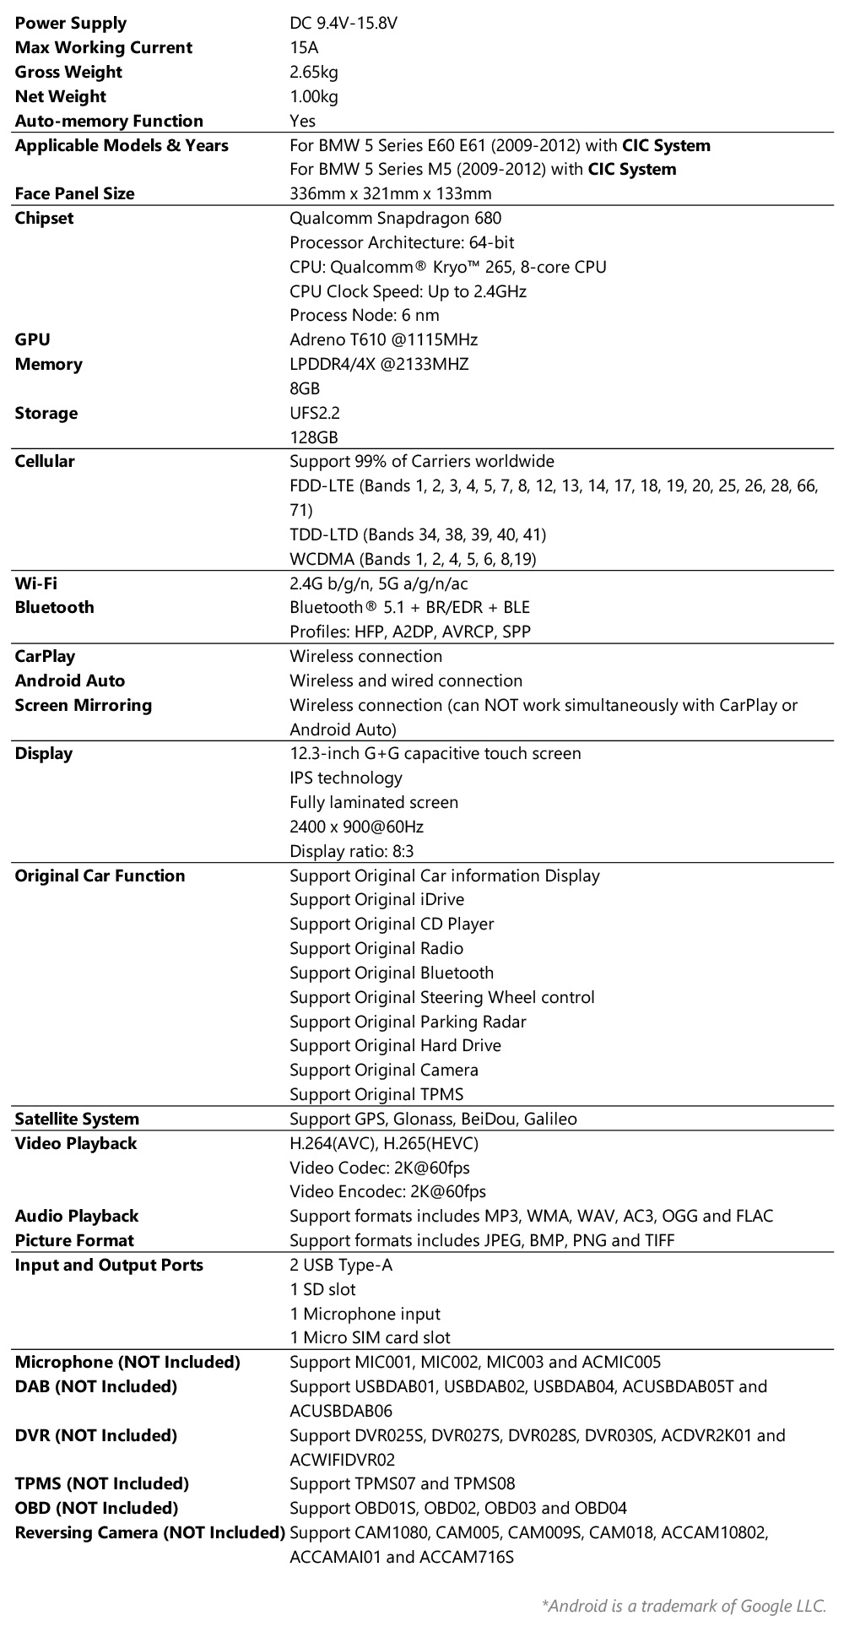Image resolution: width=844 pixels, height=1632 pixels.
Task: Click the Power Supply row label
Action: tap(71, 24)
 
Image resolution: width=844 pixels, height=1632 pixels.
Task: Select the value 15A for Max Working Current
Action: tap(304, 48)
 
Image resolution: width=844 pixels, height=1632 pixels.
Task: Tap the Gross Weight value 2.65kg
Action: tap(314, 73)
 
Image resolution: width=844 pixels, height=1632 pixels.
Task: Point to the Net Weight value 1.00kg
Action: tap(314, 97)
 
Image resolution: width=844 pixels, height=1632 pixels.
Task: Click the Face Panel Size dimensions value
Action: tap(390, 194)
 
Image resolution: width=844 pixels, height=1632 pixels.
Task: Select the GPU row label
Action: tap(32, 340)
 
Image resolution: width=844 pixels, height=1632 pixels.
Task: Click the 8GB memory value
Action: tap(305, 389)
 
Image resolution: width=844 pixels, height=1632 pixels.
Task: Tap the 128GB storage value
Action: tap(314, 438)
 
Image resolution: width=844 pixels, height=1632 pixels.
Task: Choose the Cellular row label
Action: tap(45, 462)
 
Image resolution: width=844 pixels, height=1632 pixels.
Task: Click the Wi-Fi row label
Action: tap(36, 583)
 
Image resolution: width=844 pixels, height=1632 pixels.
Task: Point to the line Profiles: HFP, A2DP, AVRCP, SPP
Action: tap(410, 632)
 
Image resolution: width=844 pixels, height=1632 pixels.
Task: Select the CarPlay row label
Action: tap(45, 657)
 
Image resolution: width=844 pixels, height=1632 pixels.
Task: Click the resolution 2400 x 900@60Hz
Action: tap(356, 827)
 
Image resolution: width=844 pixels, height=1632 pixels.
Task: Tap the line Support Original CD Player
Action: tap(392, 924)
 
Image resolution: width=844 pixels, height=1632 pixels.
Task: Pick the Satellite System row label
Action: tap(77, 1120)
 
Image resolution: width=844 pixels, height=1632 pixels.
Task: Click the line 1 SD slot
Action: tap(322, 1290)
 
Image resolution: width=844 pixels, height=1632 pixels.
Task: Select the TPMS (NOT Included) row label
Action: tap(102, 1484)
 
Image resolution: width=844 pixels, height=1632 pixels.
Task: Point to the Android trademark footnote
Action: tap(684, 1606)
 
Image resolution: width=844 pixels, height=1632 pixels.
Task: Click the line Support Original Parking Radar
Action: tap(408, 1022)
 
